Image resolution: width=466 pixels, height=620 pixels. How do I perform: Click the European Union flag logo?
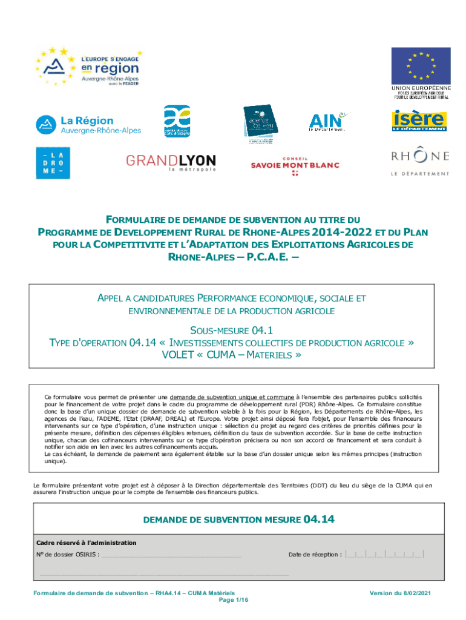tap(421, 65)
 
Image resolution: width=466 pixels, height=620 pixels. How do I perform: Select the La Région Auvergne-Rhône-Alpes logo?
tap(88, 125)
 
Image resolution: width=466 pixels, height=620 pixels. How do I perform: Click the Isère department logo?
tap(418, 120)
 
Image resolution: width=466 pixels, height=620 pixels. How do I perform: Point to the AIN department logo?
tap(327, 122)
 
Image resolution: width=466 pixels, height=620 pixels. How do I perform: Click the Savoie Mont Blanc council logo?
tap(295, 165)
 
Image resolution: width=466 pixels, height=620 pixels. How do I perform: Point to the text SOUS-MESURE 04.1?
tap(233, 330)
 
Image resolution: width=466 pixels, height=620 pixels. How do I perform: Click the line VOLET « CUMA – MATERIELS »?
tap(232, 355)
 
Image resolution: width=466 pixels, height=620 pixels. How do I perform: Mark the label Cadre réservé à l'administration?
tap(87, 542)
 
